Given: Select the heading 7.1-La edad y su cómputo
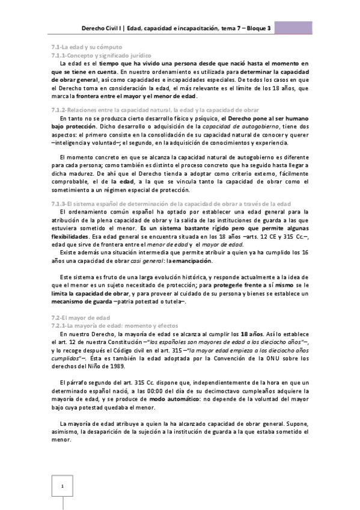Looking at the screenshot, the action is tap(87, 46).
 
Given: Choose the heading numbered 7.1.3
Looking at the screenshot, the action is tap(162, 203).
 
